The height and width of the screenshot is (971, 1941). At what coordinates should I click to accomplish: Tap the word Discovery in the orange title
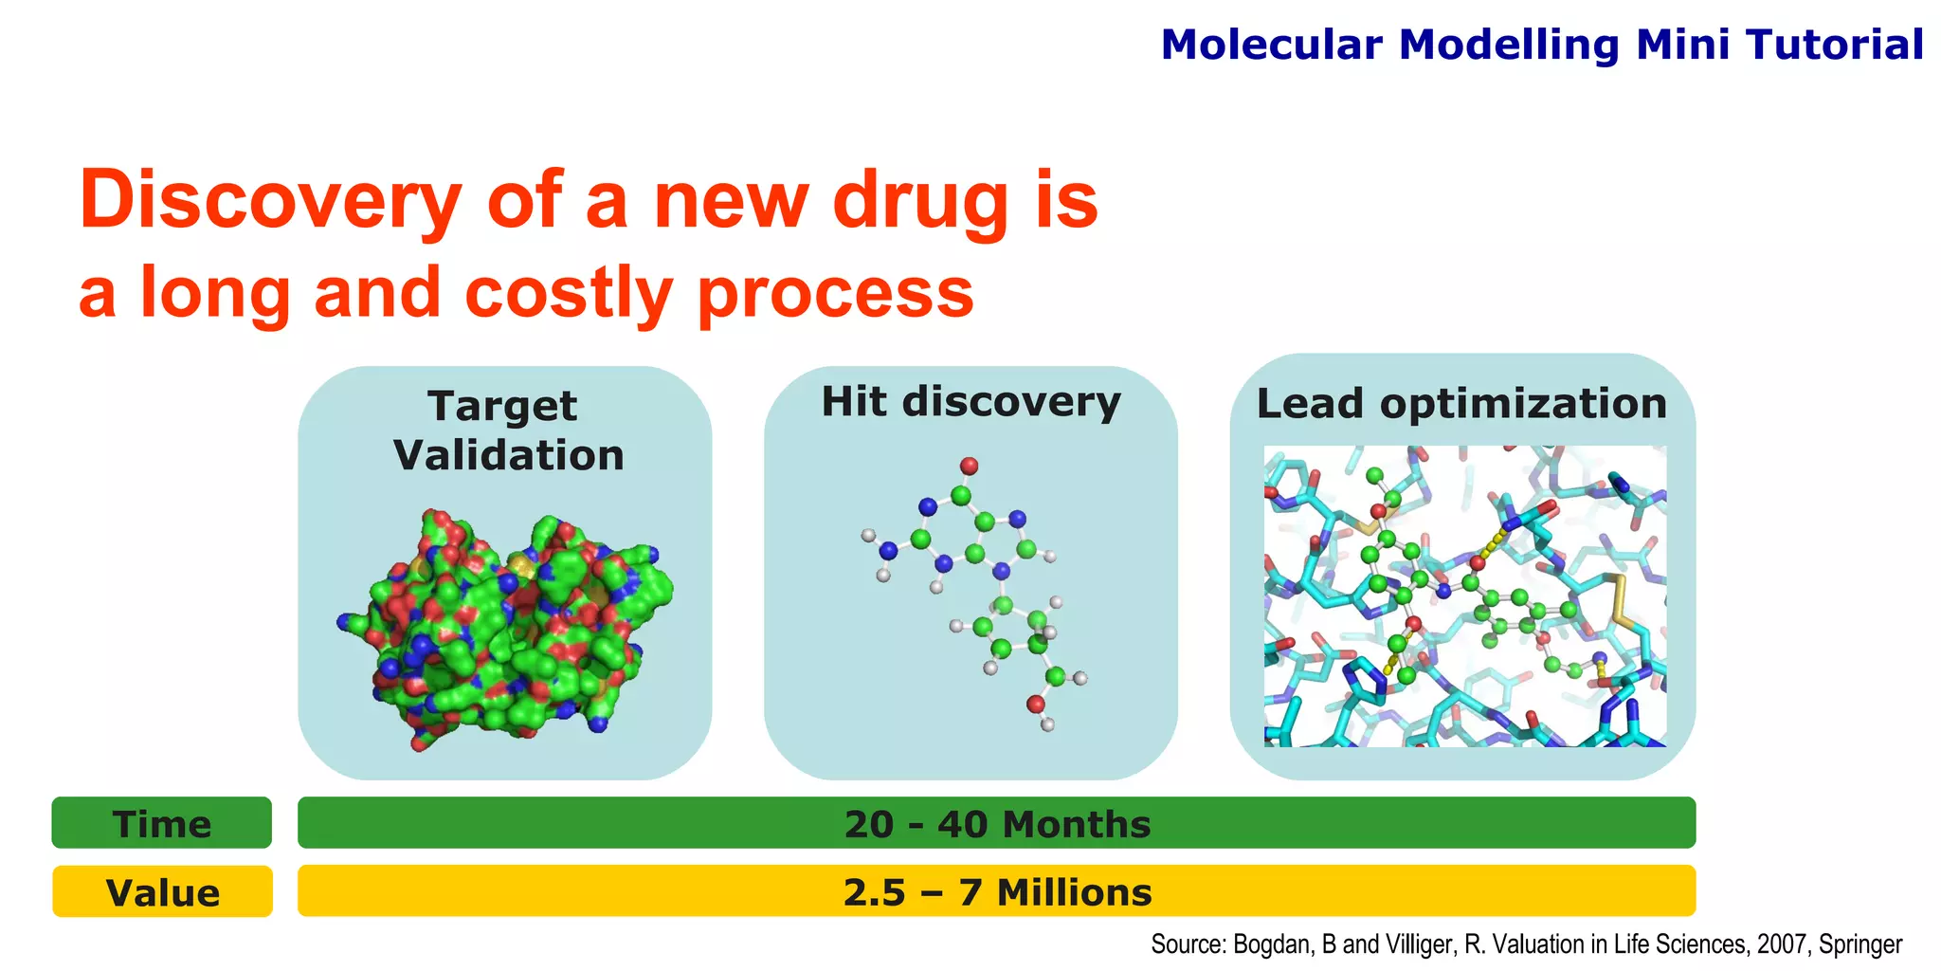[x=270, y=200]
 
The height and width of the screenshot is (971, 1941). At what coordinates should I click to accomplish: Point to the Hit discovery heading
[x=970, y=402]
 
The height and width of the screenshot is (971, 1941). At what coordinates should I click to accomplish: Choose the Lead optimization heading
[x=1461, y=404]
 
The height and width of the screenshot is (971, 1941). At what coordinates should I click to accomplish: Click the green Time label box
[x=162, y=823]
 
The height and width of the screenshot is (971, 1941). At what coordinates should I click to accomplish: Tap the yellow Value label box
[x=162, y=892]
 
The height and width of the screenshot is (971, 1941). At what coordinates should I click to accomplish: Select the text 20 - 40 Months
[x=997, y=823]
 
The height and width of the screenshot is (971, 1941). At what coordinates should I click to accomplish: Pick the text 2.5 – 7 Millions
[x=997, y=892]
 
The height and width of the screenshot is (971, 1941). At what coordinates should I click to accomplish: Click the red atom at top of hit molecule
[x=969, y=466]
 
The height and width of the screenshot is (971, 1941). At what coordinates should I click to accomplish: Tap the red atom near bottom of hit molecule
[x=1035, y=704]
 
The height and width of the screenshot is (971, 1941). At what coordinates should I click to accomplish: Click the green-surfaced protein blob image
[x=505, y=626]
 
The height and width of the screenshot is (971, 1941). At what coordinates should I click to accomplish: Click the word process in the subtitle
[x=835, y=294]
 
